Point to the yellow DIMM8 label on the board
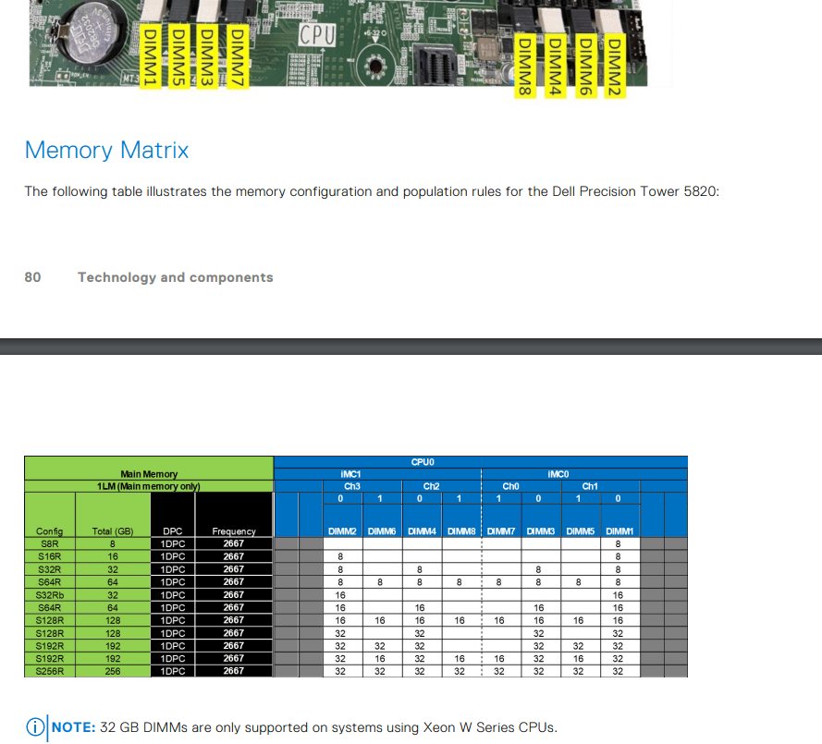525,65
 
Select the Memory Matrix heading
106,150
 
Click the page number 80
32,277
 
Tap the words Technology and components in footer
175,277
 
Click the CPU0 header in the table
423,461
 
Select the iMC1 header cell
351,474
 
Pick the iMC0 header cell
558,474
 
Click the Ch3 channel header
351,486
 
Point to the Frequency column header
233,531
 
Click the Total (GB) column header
113,531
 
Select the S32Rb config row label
49,595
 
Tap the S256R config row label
49,671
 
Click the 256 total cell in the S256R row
113,671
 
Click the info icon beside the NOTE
34,727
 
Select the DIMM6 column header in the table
381,531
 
